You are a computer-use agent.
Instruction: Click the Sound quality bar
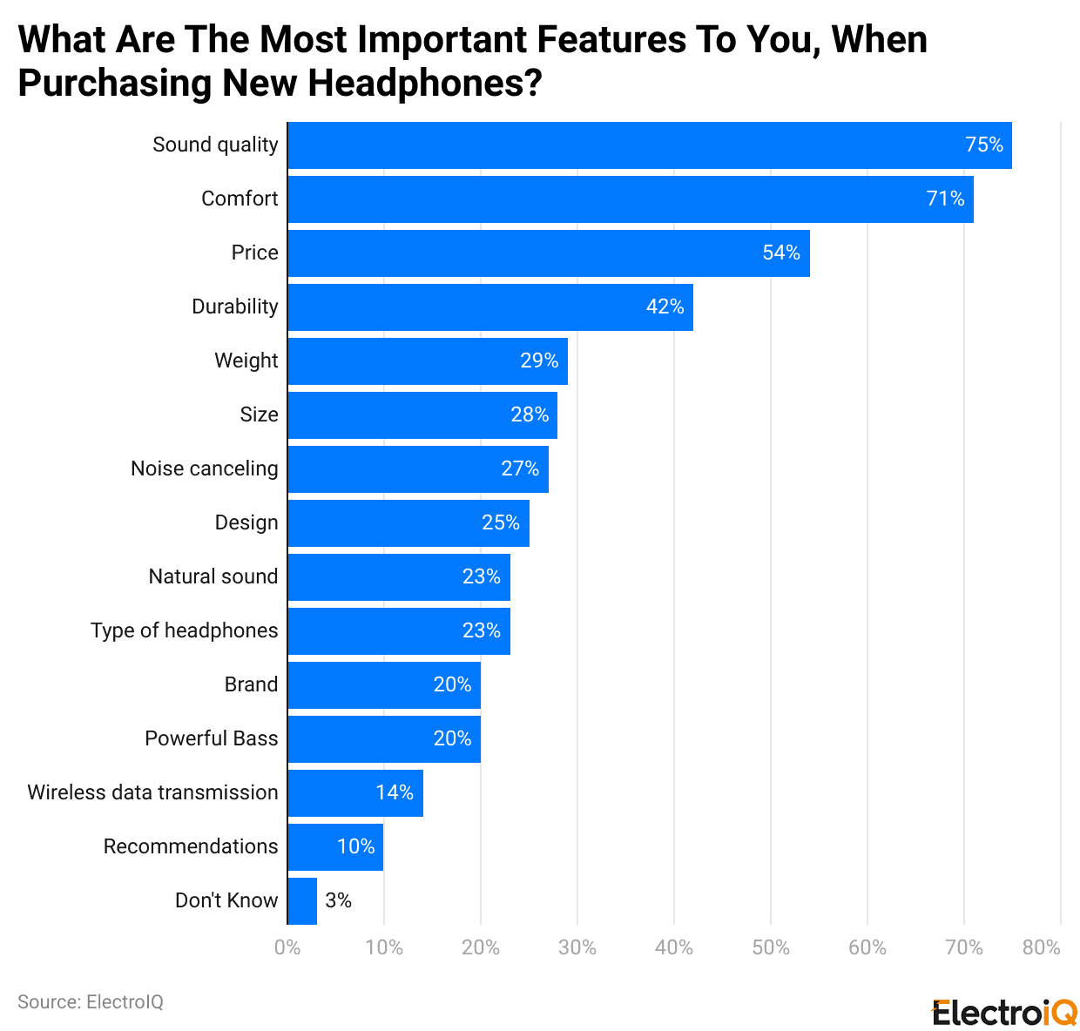[x=649, y=145]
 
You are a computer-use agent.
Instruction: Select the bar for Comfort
[x=630, y=199]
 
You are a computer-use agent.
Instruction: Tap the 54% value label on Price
[x=781, y=253]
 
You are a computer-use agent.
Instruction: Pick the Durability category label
[x=235, y=307]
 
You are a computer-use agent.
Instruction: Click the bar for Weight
[x=427, y=361]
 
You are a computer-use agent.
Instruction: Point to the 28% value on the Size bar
[x=530, y=414]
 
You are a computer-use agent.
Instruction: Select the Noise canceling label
[x=205, y=468]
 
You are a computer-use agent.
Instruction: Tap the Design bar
[x=408, y=523]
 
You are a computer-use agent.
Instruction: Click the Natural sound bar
[x=398, y=577]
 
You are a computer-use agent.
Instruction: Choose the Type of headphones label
[x=185, y=630]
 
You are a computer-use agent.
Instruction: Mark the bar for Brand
[x=383, y=685]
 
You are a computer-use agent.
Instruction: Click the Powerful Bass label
[x=212, y=738]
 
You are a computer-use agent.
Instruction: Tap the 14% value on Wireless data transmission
[x=395, y=792]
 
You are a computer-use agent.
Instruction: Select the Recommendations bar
[x=334, y=847]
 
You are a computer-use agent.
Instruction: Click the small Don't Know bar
[x=302, y=901]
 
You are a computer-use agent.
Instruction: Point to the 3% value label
[x=338, y=900]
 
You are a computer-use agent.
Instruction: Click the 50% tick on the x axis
[x=771, y=947]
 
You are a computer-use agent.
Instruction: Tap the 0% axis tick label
[x=287, y=947]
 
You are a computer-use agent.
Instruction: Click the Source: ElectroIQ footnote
[x=91, y=1002]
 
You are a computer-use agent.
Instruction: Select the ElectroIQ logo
[x=1004, y=1013]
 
